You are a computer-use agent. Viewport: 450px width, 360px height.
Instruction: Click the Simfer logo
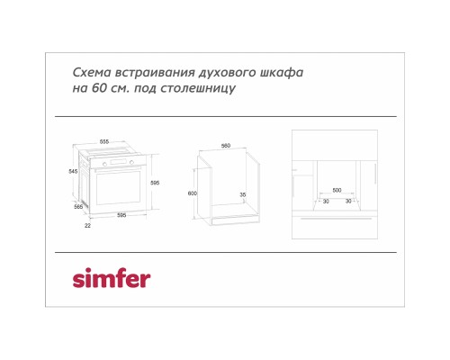112,278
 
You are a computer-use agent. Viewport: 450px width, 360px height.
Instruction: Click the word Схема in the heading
92,73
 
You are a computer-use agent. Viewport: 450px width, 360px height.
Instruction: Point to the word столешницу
198,89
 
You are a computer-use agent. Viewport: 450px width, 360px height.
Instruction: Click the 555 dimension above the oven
104,141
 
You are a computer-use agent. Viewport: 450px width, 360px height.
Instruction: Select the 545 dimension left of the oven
73,171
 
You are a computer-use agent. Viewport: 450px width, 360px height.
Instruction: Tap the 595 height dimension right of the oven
155,183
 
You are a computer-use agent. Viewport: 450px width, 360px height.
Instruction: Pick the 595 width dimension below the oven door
121,215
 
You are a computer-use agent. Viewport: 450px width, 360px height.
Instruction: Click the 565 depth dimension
78,206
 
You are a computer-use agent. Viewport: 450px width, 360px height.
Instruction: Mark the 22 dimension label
87,226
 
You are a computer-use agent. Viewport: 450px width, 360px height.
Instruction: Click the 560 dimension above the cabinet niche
226,146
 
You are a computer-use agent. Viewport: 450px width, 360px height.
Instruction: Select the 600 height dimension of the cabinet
193,193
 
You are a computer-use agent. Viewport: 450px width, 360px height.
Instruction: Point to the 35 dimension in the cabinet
243,194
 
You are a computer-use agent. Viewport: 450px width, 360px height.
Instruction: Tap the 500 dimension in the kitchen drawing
337,190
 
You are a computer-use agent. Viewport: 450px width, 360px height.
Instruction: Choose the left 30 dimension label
326,201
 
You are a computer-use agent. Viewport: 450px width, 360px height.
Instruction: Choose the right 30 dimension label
348,201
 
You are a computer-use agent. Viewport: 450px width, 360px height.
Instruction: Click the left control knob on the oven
104,164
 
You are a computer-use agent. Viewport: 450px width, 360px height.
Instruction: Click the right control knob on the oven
131,162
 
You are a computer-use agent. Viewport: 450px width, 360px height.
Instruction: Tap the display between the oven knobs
118,163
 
